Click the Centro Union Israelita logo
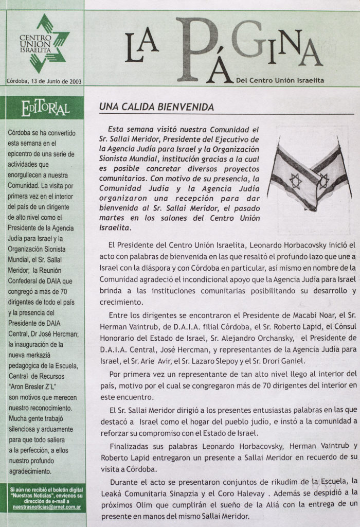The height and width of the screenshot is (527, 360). tap(43, 44)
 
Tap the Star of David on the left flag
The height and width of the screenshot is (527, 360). tap(295, 181)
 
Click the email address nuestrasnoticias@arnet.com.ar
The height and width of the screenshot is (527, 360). tap(43, 507)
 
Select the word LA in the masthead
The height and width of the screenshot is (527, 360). tap(140, 52)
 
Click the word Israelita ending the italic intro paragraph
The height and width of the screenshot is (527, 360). tap(116, 227)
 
